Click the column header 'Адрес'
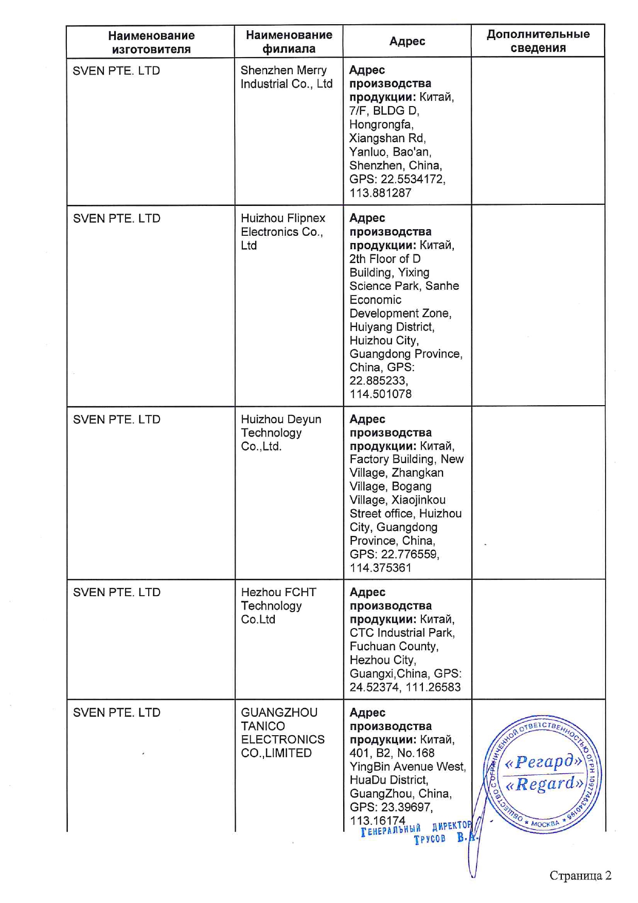click(407, 41)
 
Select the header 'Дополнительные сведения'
click(538, 41)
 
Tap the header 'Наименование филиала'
click(289, 42)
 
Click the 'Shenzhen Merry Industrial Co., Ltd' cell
click(286, 77)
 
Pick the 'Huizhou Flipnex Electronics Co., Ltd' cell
click(282, 232)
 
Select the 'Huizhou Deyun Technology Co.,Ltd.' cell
click(280, 433)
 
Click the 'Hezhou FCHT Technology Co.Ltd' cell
click(278, 606)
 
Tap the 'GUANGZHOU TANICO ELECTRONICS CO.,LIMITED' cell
click(282, 733)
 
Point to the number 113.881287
click(380, 193)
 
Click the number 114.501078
click(380, 394)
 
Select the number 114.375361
click(380, 568)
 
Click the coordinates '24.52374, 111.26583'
click(405, 687)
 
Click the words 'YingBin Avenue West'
click(407, 767)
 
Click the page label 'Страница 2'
click(580, 876)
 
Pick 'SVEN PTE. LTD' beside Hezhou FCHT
click(117, 593)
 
